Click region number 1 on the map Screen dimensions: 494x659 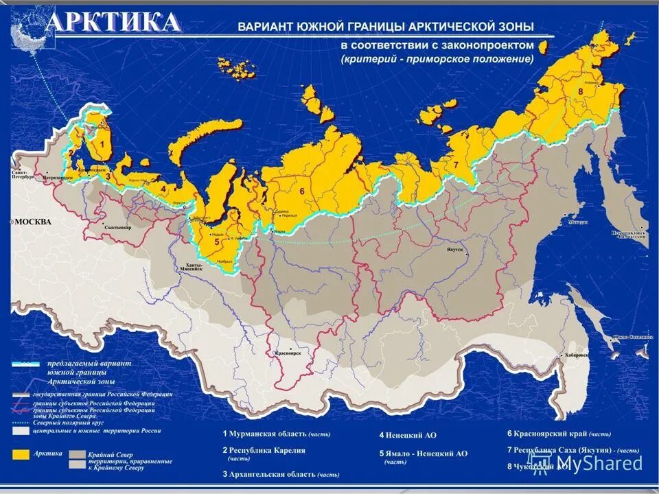point(102,145)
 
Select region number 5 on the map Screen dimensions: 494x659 point(216,241)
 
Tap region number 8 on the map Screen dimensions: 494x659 point(580,91)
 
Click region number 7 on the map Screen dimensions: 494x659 point(454,165)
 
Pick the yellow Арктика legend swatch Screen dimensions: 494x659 point(23,454)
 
